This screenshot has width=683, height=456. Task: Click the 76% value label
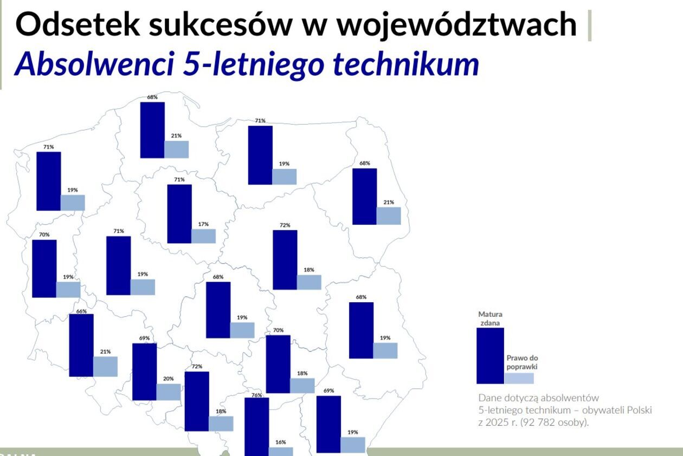click(257, 395)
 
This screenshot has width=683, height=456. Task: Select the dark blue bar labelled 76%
click(257, 427)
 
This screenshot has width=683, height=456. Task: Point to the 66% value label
click(81, 311)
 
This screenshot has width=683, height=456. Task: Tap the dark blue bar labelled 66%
click(81, 346)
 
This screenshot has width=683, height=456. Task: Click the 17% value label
click(203, 224)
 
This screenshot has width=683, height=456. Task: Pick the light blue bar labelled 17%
click(204, 236)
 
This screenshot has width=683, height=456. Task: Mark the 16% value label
click(281, 442)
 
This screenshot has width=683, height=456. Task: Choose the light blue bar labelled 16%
click(281, 452)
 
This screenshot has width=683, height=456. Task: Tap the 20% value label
click(168, 379)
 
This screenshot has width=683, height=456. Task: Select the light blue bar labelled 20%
click(169, 392)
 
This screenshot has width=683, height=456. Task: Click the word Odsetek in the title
click(78, 24)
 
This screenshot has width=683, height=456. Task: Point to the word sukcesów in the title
click(221, 24)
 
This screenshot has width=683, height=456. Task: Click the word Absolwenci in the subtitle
click(94, 64)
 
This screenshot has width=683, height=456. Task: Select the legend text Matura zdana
click(490, 318)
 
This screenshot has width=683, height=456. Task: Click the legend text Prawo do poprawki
click(522, 362)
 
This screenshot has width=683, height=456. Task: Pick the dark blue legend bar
click(490, 356)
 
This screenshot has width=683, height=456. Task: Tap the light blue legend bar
click(519, 379)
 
